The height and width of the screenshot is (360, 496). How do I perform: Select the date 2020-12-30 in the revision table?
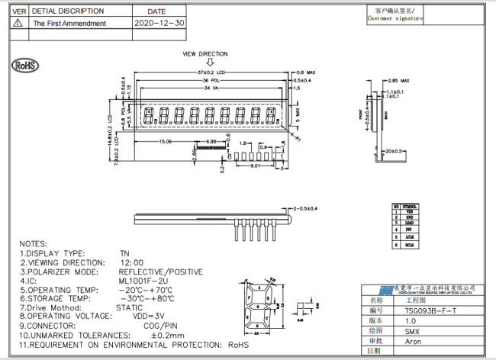[x=159, y=24]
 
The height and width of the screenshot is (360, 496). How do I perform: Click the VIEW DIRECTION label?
[x=205, y=54]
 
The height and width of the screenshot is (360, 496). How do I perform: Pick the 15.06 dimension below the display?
[x=165, y=142]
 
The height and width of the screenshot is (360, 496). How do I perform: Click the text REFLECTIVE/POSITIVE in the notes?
[x=160, y=271]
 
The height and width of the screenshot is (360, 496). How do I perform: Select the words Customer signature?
[x=395, y=19]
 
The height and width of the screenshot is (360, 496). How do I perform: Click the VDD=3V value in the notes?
[x=149, y=316]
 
